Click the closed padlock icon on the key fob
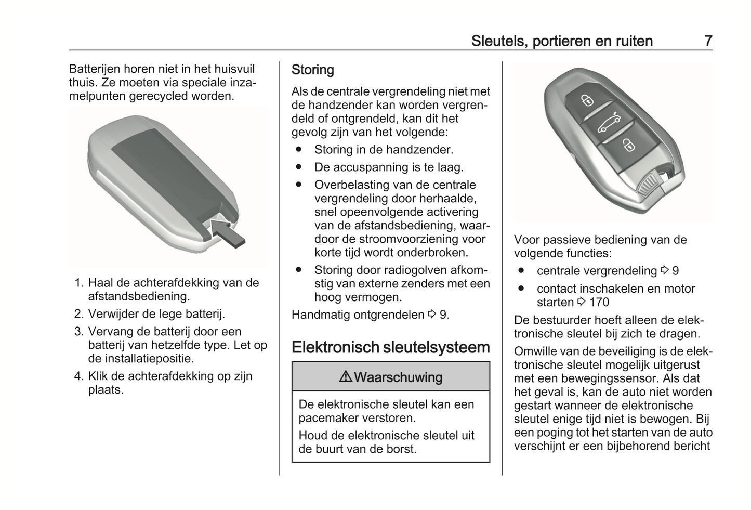pyautogui.click(x=586, y=99)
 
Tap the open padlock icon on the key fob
pyautogui.click(x=628, y=145)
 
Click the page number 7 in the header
pyautogui.click(x=708, y=41)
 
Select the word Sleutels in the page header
pyautogui.click(x=497, y=41)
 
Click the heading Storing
pyautogui.click(x=312, y=70)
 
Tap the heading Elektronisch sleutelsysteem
pyautogui.click(x=390, y=347)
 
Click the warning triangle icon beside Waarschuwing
pyautogui.click(x=345, y=377)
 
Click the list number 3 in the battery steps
pyautogui.click(x=78, y=332)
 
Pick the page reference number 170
pyautogui.click(x=599, y=302)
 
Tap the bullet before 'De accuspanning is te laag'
pyautogui.click(x=298, y=167)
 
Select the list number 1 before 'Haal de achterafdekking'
pyautogui.click(x=78, y=283)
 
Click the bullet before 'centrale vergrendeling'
pyautogui.click(x=521, y=271)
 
